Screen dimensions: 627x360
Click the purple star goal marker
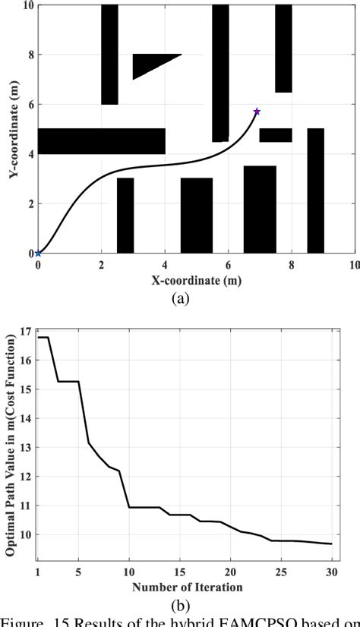tap(257, 112)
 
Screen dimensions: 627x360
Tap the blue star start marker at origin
tap(38, 253)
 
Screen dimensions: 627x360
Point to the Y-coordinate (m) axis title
tap(14, 130)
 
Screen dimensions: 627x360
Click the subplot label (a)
tap(179, 298)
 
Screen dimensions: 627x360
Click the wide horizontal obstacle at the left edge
tap(102, 141)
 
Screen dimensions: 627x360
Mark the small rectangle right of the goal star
tap(276, 135)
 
